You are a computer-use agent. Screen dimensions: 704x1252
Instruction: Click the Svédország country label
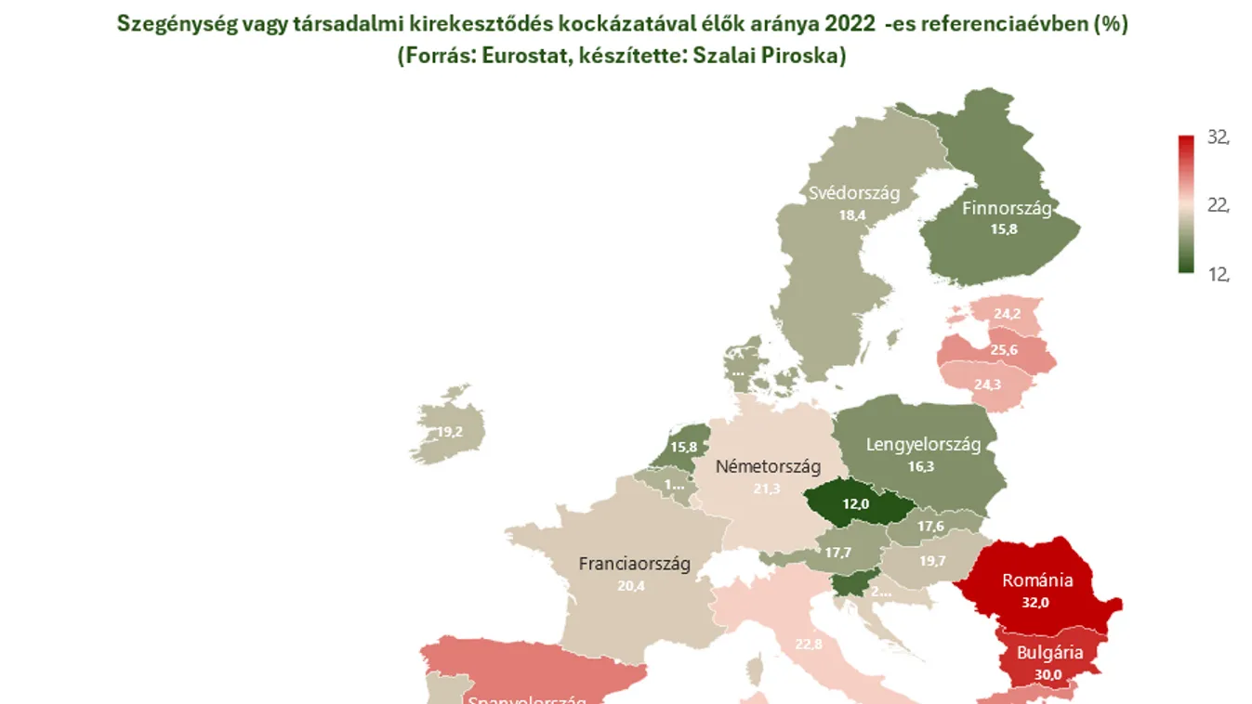pyautogui.click(x=854, y=194)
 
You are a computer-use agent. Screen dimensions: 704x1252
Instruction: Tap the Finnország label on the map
pyautogui.click(x=1007, y=208)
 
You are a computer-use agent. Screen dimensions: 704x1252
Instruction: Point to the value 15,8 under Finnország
pyautogui.click(x=1003, y=229)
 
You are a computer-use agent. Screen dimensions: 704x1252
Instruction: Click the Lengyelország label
pyautogui.click(x=923, y=445)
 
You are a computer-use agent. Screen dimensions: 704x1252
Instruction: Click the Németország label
pyautogui.click(x=767, y=466)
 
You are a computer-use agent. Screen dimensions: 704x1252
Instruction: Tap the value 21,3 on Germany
pyautogui.click(x=767, y=489)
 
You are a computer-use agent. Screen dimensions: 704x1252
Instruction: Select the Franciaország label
pyautogui.click(x=634, y=564)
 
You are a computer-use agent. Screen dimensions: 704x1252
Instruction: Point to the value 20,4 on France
pyautogui.click(x=631, y=586)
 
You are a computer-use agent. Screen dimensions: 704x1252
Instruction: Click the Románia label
pyautogui.click(x=1037, y=580)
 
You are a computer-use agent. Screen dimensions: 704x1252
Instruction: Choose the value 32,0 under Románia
pyautogui.click(x=1035, y=602)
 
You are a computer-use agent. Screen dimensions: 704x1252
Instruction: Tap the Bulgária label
pyautogui.click(x=1049, y=653)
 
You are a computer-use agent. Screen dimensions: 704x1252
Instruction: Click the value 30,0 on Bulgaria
pyautogui.click(x=1048, y=674)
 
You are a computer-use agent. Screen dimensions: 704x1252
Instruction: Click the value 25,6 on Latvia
pyautogui.click(x=1004, y=350)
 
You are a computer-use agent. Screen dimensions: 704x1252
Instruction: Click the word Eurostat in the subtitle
pyautogui.click(x=513, y=56)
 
